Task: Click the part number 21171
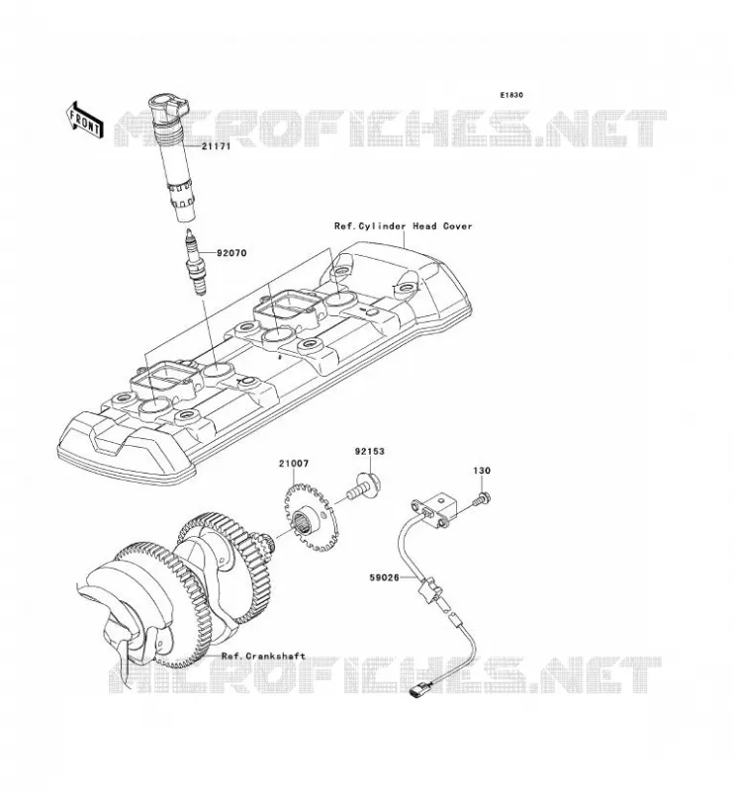216,146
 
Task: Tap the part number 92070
231,253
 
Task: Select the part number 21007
293,463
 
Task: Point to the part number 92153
369,452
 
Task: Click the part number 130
482,471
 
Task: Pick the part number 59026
385,577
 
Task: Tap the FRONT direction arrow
84,121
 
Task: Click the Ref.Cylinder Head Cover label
403,226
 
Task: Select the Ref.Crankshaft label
263,656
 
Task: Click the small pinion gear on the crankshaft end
266,542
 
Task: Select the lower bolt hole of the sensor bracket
442,524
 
